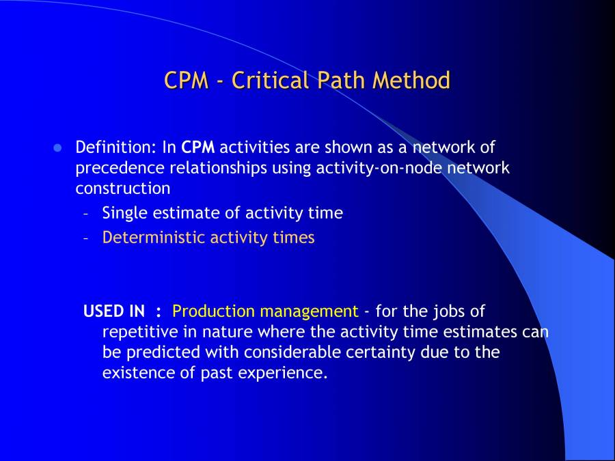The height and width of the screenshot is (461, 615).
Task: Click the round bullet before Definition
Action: coord(57,148)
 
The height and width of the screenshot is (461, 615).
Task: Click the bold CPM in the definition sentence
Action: coord(198,147)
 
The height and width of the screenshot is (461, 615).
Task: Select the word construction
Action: coord(122,188)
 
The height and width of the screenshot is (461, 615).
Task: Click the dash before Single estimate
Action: coord(86,213)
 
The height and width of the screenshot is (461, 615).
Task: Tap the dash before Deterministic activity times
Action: coord(86,238)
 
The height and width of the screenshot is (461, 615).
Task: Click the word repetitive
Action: coord(139,333)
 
